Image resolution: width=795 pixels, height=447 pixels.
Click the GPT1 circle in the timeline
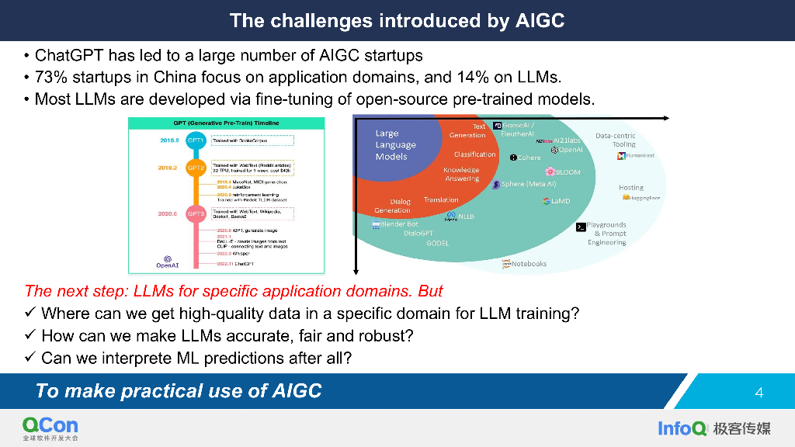click(x=196, y=141)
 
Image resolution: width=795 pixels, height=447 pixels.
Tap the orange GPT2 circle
click(x=196, y=168)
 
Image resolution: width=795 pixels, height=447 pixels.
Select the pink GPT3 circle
click(x=196, y=213)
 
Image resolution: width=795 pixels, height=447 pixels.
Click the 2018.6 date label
click(x=169, y=141)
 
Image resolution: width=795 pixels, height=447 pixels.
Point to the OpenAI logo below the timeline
click(x=168, y=261)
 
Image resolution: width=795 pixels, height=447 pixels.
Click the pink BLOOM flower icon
click(x=550, y=172)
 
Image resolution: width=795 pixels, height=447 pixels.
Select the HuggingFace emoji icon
click(x=625, y=198)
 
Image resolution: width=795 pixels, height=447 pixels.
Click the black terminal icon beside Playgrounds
click(x=580, y=227)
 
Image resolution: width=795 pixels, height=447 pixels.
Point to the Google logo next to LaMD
click(x=547, y=201)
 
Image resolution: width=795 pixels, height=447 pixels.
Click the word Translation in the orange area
click(x=441, y=200)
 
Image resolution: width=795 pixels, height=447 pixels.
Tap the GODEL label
click(x=437, y=244)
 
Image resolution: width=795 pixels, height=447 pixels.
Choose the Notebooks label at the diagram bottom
click(x=529, y=264)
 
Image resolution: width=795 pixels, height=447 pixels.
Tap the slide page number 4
click(x=759, y=393)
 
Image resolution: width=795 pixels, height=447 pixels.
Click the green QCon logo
click(x=50, y=425)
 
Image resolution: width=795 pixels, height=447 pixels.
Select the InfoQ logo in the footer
click(x=682, y=428)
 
